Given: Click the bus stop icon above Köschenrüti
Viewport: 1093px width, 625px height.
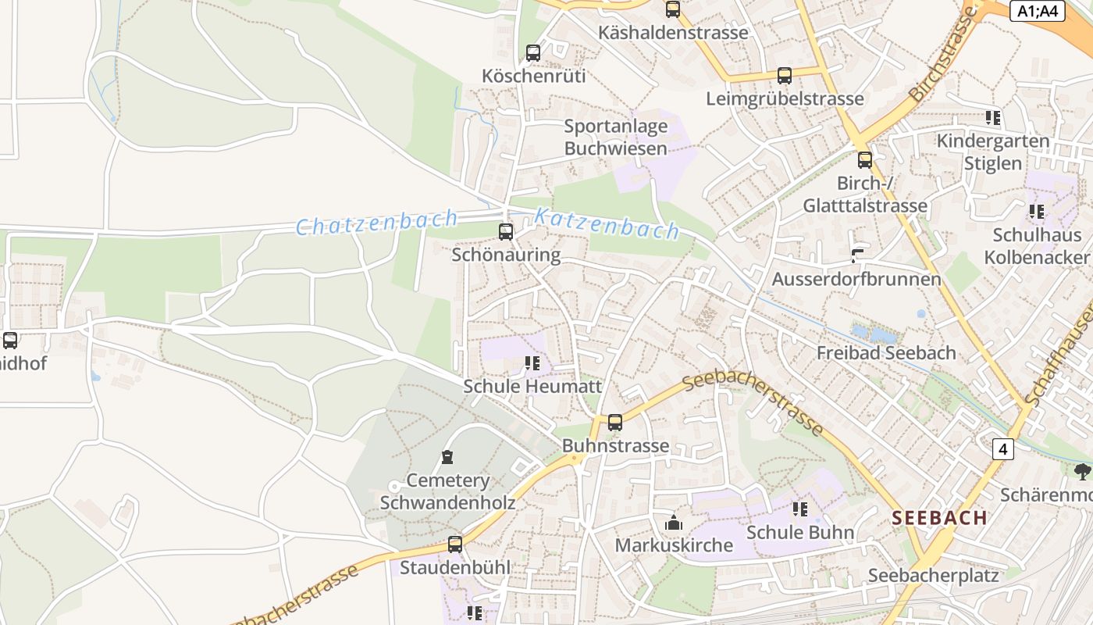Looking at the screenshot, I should click(x=533, y=53).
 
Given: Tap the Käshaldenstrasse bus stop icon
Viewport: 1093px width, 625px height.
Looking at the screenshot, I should click(x=672, y=9).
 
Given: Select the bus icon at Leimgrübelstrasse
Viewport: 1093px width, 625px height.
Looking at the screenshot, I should click(x=785, y=76).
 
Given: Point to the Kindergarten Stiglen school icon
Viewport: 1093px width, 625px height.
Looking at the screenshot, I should click(x=993, y=118).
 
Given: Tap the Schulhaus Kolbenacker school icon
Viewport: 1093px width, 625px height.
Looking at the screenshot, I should click(x=1037, y=212).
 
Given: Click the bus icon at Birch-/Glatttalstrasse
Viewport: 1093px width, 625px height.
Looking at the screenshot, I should click(x=865, y=160).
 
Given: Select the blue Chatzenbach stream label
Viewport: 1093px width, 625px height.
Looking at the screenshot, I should click(x=376, y=223).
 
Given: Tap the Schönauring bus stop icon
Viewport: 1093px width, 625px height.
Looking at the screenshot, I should click(x=506, y=231).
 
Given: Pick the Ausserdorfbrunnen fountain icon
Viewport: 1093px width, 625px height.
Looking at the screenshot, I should click(x=857, y=255).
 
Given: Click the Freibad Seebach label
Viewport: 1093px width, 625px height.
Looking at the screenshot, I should click(x=886, y=352).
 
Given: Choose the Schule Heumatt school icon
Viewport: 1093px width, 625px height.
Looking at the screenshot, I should click(x=532, y=363).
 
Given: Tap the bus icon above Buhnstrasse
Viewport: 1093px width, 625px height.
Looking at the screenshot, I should click(x=615, y=423).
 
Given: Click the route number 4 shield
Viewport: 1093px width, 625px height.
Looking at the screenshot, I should click(x=1003, y=449).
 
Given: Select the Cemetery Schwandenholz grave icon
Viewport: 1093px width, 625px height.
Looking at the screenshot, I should click(x=447, y=457).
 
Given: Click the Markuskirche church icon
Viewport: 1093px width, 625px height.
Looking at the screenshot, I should click(x=674, y=523).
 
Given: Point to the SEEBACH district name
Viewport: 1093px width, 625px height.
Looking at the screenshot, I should click(x=940, y=517).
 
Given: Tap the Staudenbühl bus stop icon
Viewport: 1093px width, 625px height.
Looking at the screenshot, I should click(x=455, y=545).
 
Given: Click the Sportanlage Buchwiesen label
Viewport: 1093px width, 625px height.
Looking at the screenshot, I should click(x=616, y=137).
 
